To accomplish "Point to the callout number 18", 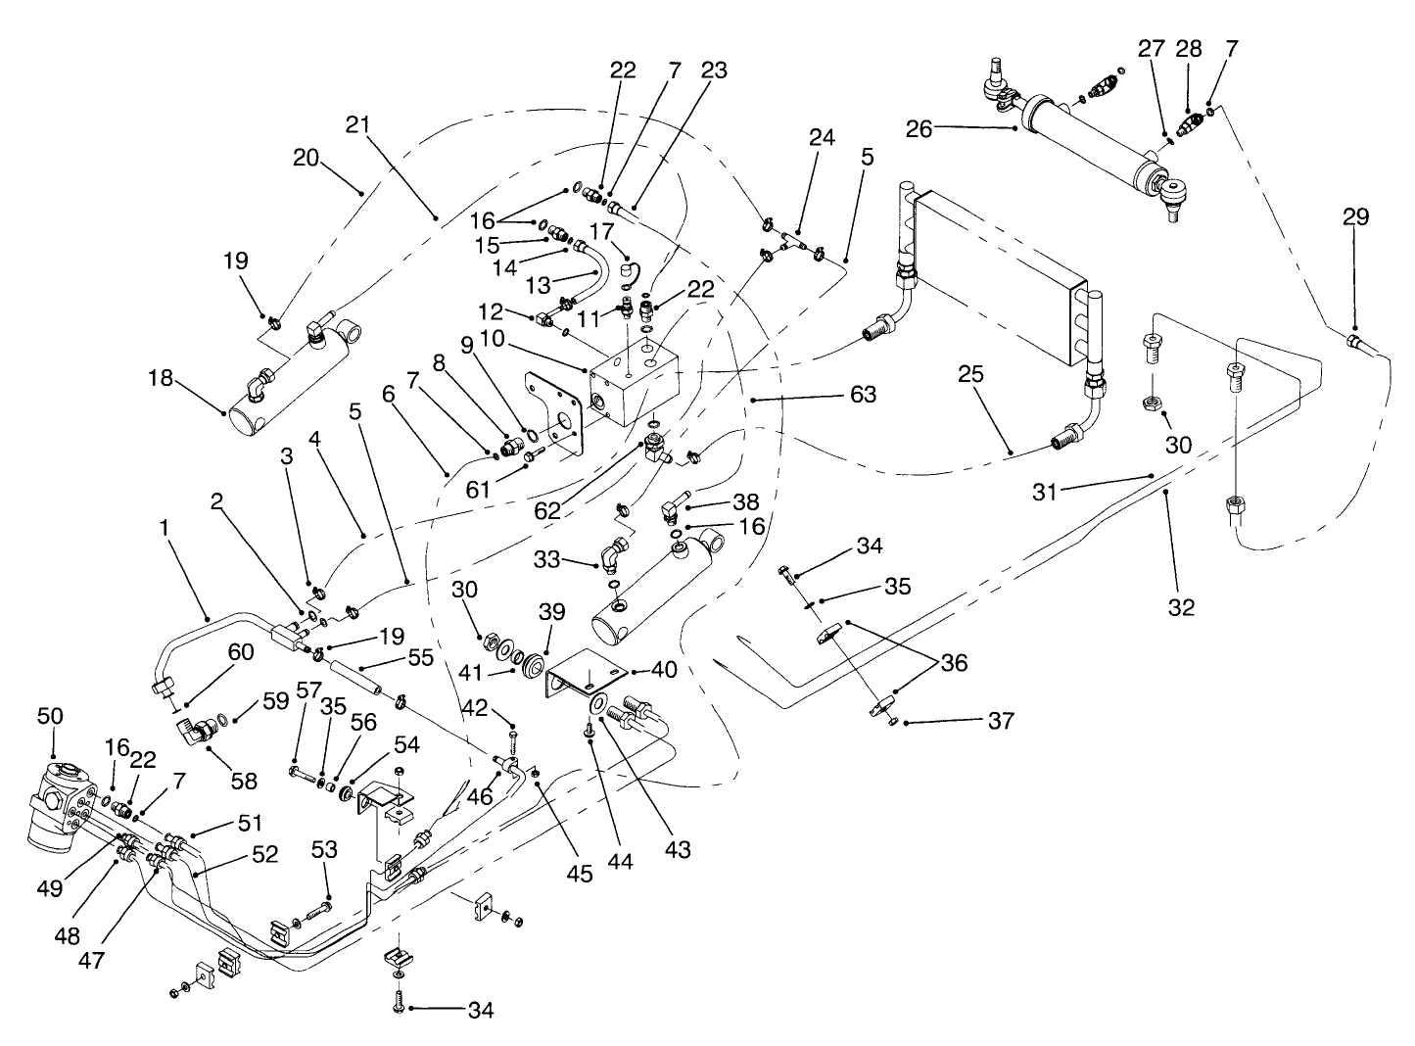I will [164, 378].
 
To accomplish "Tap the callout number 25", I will [970, 374].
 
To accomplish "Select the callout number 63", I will [863, 395].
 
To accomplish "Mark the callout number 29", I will [1355, 216].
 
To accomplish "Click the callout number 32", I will [1182, 606].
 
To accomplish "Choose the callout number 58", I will [243, 780].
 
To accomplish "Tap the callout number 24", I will [822, 137].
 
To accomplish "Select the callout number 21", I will [359, 124].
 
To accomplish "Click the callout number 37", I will [999, 722].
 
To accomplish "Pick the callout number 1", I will [165, 527].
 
